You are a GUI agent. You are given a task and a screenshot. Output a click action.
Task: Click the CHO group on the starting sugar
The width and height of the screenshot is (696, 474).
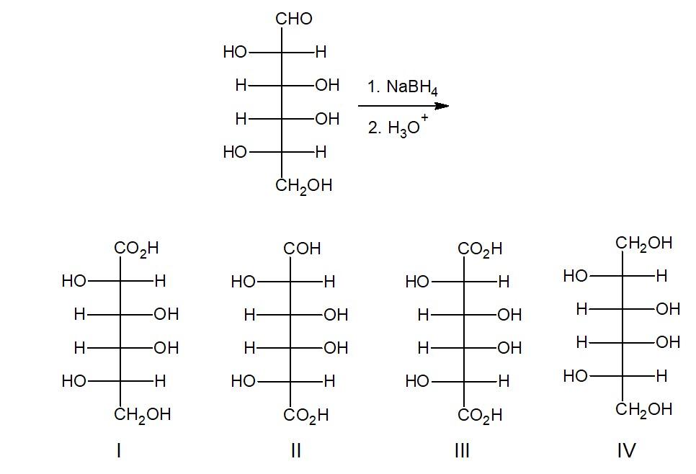(x=294, y=19)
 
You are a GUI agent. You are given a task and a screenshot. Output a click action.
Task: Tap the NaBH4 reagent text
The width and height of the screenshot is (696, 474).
(x=402, y=87)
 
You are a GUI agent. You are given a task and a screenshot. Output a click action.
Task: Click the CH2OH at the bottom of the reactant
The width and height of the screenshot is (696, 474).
(x=303, y=186)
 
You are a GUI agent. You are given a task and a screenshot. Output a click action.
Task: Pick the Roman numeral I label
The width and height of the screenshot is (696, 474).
(x=119, y=451)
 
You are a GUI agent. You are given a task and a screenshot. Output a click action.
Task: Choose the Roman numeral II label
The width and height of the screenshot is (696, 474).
(x=295, y=451)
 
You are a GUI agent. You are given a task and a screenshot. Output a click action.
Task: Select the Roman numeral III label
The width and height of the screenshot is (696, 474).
(x=463, y=451)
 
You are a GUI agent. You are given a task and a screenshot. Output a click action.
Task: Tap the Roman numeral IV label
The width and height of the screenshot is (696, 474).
(x=627, y=451)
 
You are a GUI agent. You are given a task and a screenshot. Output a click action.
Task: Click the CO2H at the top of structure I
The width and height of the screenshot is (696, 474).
(x=136, y=249)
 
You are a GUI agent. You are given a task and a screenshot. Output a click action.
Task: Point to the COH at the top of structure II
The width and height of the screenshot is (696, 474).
(x=302, y=249)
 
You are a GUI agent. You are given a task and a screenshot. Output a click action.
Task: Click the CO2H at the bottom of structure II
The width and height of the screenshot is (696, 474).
(x=306, y=416)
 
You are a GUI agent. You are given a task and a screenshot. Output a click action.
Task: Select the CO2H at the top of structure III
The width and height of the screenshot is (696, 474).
(x=480, y=250)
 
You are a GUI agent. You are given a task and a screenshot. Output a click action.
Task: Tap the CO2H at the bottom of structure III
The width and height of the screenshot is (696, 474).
(x=480, y=416)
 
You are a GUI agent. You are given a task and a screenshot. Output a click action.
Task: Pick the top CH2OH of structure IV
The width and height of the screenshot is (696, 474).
(x=643, y=243)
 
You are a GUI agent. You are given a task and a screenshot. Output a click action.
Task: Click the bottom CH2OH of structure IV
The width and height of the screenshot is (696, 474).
(x=643, y=410)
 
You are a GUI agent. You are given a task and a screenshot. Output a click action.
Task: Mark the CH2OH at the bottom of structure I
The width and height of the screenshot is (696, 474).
(x=143, y=415)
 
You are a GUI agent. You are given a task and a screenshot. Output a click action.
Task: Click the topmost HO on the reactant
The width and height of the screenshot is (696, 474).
(x=235, y=52)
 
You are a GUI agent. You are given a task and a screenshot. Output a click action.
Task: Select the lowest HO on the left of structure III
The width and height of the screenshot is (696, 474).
(x=417, y=381)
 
